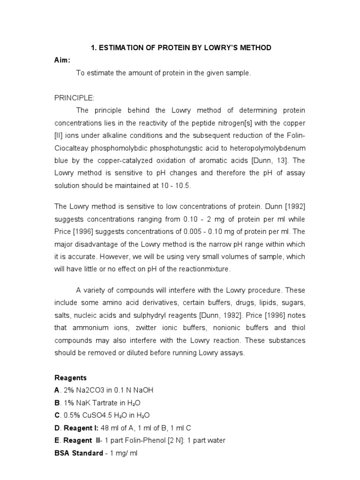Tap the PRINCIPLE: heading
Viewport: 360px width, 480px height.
coord(75,97)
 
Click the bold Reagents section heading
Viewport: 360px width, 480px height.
coord(71,377)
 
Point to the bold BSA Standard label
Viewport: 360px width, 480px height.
coord(79,453)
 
